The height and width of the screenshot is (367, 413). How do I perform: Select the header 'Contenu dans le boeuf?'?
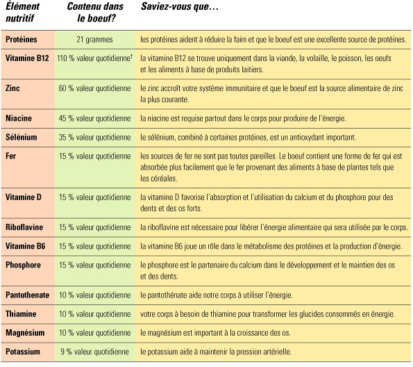tap(90, 13)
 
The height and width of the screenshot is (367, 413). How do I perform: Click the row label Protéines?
tap(22, 40)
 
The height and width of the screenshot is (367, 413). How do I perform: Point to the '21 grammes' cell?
tap(94, 40)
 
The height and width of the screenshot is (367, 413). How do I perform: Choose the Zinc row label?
tap(12, 89)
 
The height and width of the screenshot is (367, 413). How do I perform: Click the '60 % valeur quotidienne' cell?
tap(94, 89)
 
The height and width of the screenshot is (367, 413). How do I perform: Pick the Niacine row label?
tap(18, 118)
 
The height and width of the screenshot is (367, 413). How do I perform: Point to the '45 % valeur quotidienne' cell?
tap(94, 118)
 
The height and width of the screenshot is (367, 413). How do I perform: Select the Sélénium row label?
tap(21, 138)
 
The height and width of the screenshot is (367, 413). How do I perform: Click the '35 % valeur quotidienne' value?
tap(94, 138)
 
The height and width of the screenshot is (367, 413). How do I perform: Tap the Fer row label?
tap(10, 157)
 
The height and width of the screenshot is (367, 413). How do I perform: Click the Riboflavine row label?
tap(24, 227)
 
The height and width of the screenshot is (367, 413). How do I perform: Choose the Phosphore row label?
tap(23, 265)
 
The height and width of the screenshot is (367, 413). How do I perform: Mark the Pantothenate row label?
tap(27, 295)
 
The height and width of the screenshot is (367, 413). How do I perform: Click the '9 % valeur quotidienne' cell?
tap(94, 352)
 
